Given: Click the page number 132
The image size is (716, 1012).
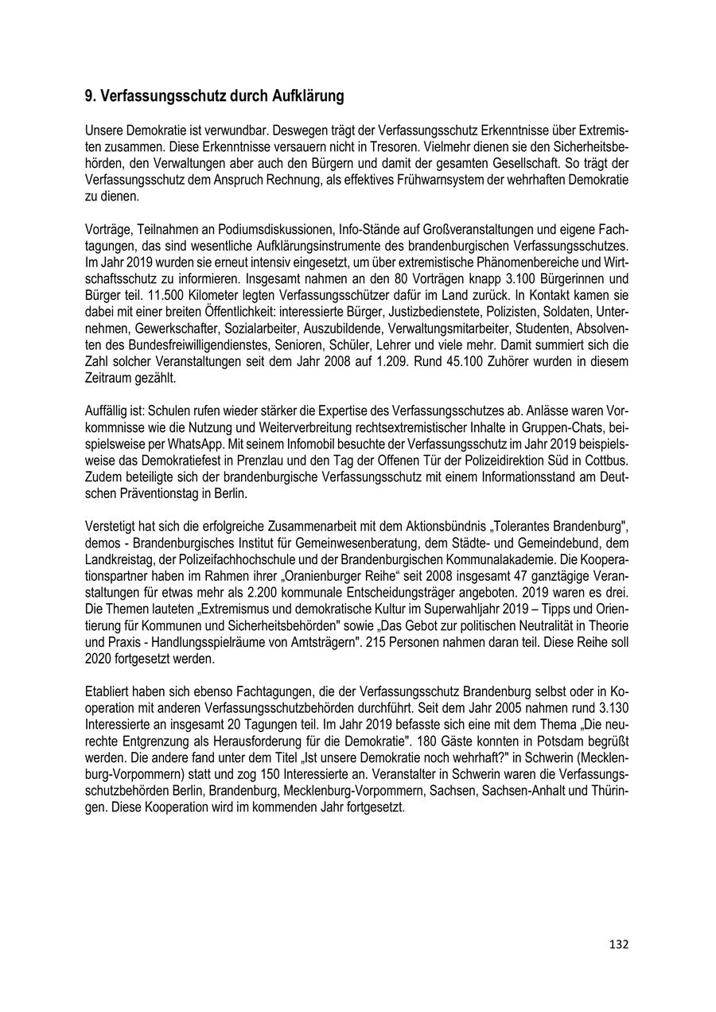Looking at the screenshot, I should click(619, 944).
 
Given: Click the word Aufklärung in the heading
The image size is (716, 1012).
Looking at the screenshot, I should click(305, 96).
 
